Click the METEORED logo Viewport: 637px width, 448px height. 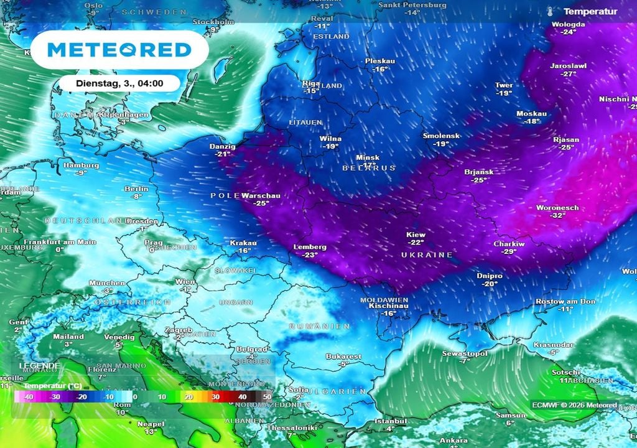click(119, 49)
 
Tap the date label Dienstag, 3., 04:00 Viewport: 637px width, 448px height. click(119, 83)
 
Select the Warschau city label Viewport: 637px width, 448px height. click(261, 195)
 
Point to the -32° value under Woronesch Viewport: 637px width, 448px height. click(557, 215)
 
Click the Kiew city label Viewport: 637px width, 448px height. click(416, 235)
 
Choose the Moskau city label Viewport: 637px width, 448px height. click(531, 114)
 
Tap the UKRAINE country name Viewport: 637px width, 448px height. click(426, 255)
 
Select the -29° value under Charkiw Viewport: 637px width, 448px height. click(509, 251)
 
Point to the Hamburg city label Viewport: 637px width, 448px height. click(81, 166)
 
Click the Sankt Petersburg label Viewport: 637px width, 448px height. click(412, 5)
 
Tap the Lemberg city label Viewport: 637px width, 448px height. click(310, 247)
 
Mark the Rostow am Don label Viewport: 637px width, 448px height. click(565, 301)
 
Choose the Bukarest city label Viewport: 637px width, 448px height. click(343, 357)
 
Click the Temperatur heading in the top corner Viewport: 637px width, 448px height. click(590, 11)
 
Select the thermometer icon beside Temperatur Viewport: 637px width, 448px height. click(551, 11)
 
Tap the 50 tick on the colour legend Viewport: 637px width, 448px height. click(267, 396)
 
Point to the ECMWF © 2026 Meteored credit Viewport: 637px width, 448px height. click(574, 405)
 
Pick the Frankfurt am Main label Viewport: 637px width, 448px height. click(60, 242)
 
